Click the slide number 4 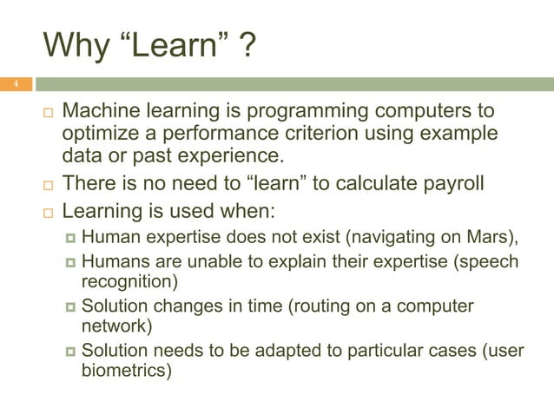click(x=14, y=84)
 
